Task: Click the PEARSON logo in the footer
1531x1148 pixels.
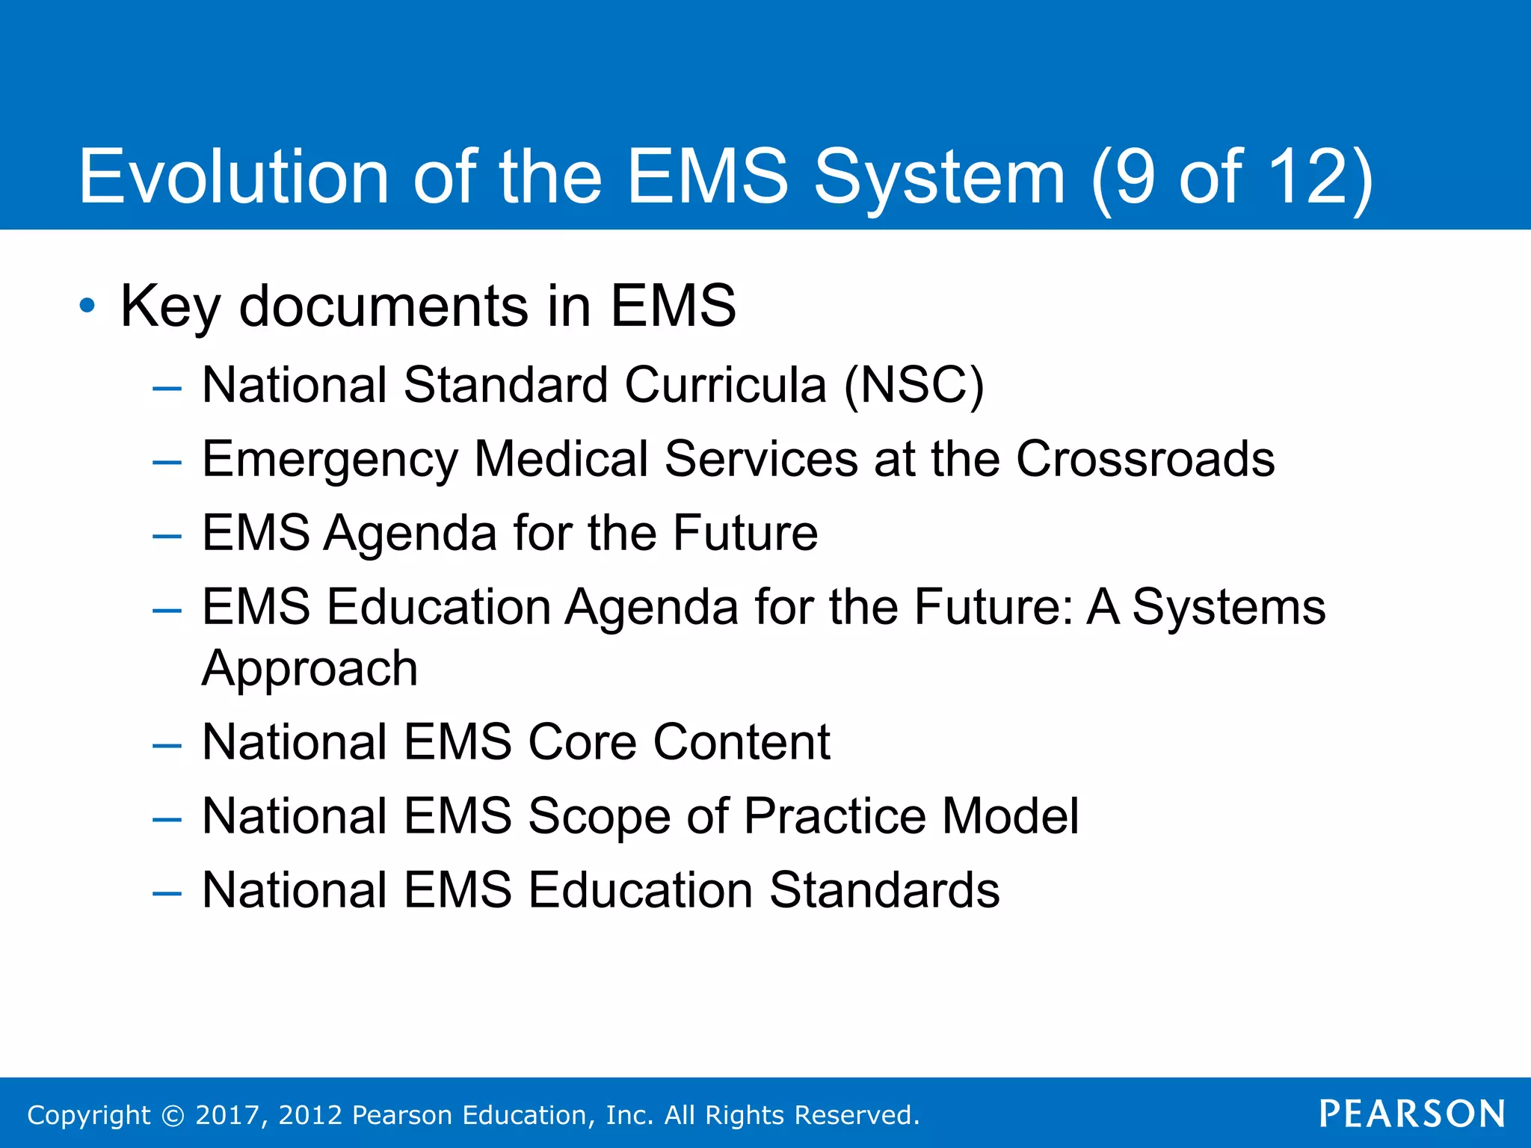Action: (1411, 1114)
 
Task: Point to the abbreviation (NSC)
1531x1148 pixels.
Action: (914, 386)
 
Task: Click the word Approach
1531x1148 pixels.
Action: (309, 669)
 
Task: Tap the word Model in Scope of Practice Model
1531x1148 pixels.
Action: (1010, 815)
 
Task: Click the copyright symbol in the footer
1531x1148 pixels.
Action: (173, 1115)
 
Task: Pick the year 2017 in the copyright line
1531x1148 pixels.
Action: (227, 1115)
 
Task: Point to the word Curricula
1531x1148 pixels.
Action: (725, 386)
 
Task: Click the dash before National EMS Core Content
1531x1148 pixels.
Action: (166, 744)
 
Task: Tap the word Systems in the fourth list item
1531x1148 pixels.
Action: (1228, 607)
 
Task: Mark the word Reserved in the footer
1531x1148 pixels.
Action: (856, 1115)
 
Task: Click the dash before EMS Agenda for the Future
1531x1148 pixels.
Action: (166, 535)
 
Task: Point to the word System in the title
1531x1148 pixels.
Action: (939, 178)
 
